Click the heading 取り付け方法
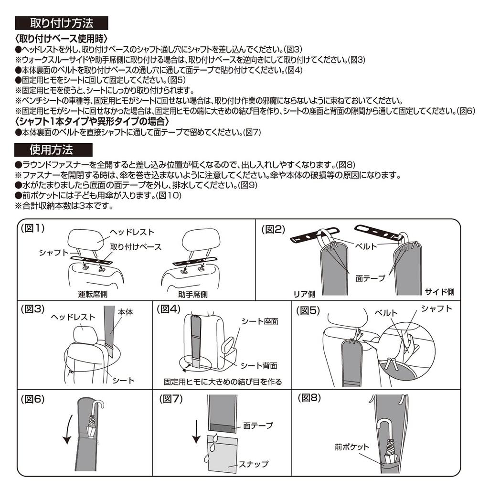point(62,23)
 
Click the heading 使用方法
point(51,150)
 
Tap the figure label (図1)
point(32,229)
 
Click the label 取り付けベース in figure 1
point(136,247)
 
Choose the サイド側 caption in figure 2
point(439,291)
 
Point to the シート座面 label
point(260,321)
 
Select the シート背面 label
point(259,366)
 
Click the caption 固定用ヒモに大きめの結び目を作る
point(223,382)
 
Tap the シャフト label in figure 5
point(436,308)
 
